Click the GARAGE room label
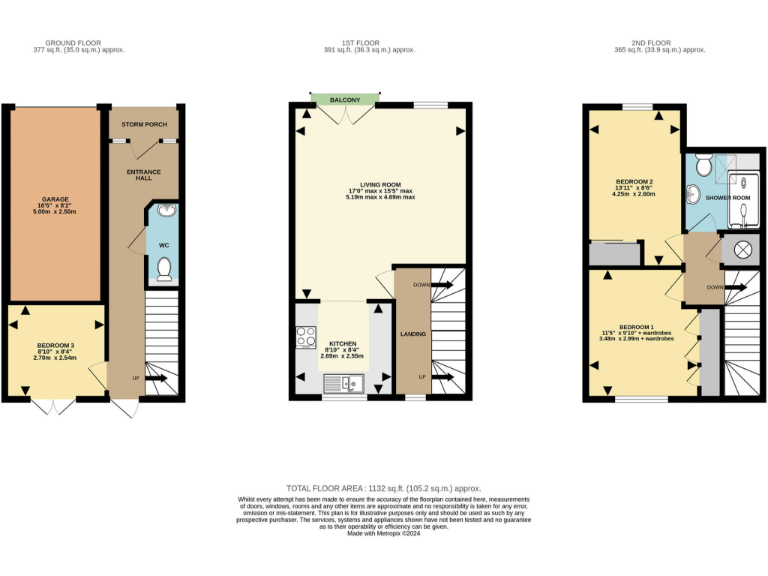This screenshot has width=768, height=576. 55,198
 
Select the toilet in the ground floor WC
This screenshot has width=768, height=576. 165,267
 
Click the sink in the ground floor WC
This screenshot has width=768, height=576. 165,212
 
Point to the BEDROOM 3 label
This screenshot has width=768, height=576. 56,346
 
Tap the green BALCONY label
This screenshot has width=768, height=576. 345,100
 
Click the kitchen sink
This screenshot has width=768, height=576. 344,381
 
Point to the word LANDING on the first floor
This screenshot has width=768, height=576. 413,333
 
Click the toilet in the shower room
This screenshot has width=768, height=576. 704,165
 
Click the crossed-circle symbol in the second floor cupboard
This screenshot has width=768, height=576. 743,251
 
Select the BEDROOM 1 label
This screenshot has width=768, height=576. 636,328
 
